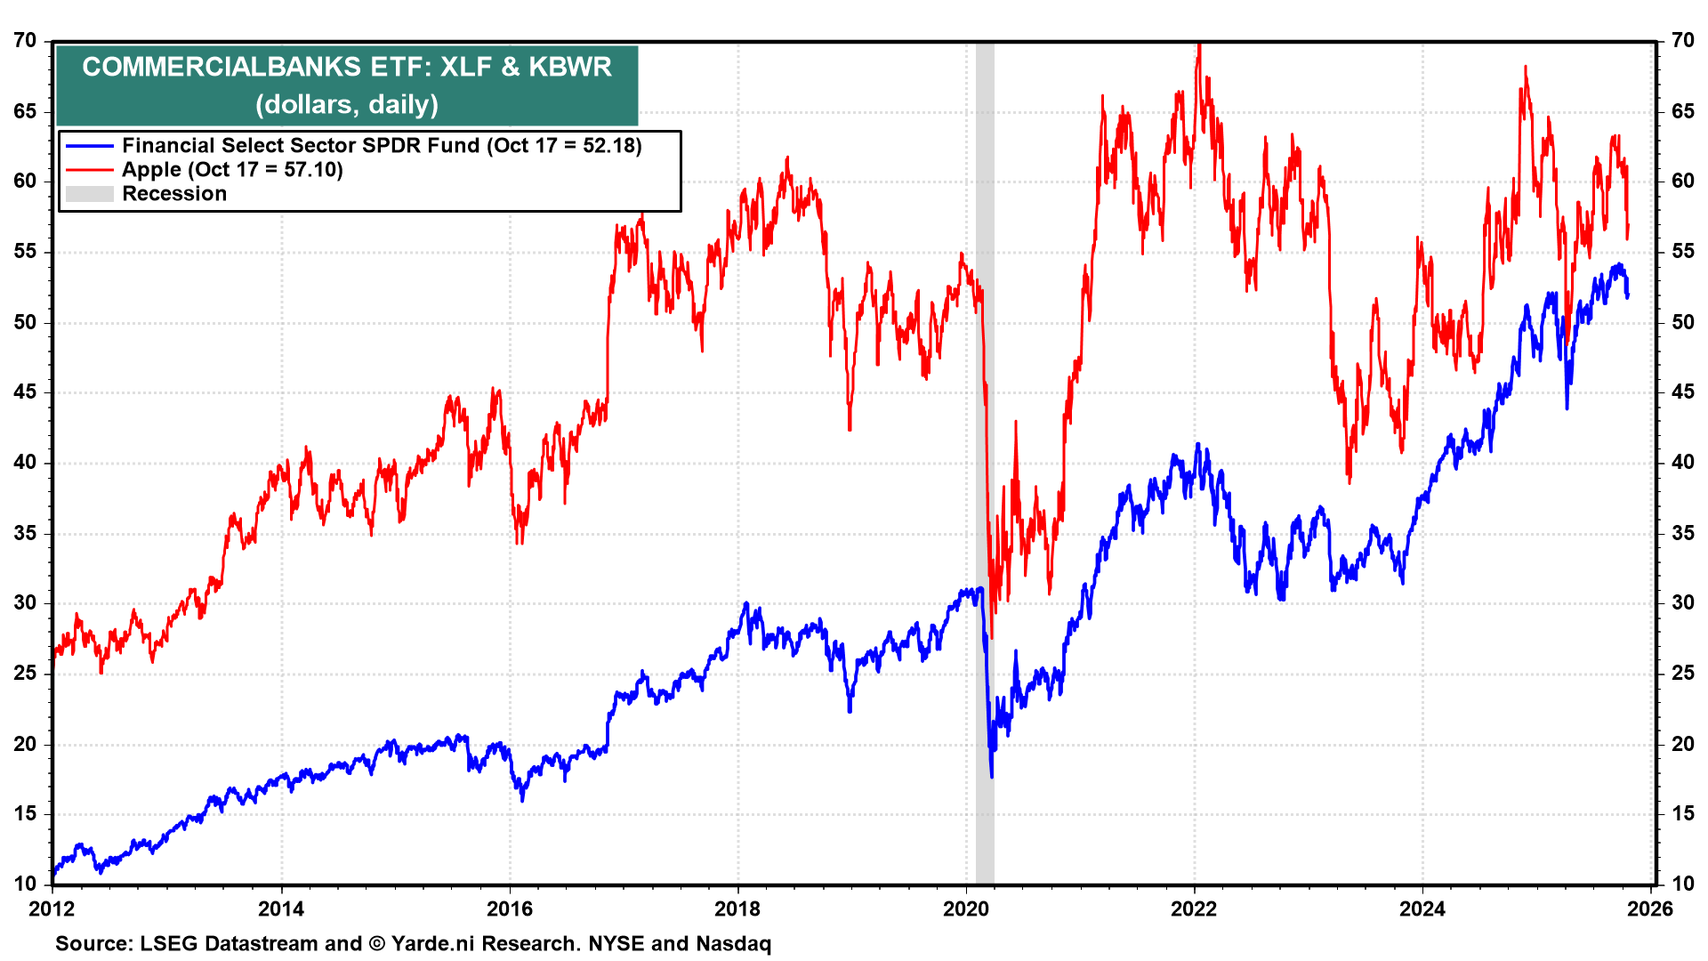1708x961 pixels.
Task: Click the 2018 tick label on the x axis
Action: click(737, 909)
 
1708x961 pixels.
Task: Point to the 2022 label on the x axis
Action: click(1194, 909)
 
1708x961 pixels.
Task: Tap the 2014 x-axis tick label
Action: click(281, 909)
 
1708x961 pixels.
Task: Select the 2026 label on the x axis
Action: click(1652, 909)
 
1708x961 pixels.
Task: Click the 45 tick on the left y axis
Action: click(25, 392)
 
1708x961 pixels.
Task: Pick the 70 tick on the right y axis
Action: click(1683, 41)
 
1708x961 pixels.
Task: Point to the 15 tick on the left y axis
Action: click(25, 814)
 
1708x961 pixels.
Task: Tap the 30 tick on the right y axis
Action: click(1683, 603)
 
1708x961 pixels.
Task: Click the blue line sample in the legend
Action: click(89, 146)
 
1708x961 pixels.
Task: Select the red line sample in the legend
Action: click(89, 170)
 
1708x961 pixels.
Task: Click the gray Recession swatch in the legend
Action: click(89, 194)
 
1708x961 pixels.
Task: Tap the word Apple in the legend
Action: click(151, 170)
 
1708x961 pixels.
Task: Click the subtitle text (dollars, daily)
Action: click(347, 105)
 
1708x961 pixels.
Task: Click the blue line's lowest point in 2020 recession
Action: click(992, 777)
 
